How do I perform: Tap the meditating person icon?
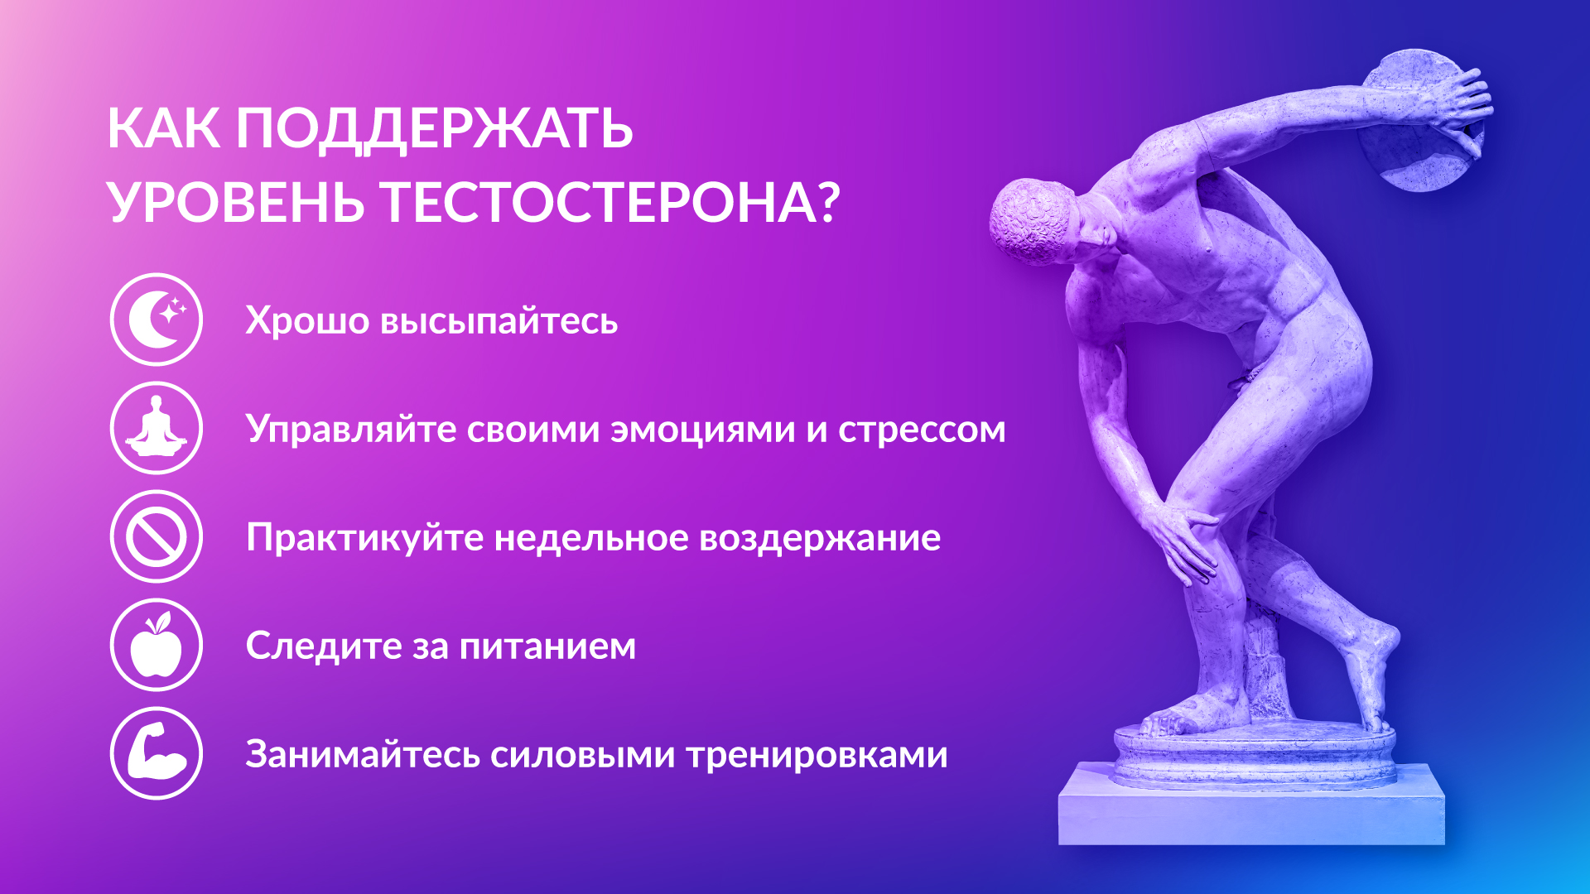click(156, 428)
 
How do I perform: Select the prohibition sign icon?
click(156, 536)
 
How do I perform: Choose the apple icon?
click(156, 645)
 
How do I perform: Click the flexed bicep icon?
click(156, 753)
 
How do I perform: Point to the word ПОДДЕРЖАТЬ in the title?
click(434, 130)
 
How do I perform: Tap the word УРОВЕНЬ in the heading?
click(236, 203)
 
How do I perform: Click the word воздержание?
click(820, 539)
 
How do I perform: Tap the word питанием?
click(547, 646)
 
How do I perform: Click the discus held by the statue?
click(1419, 121)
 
